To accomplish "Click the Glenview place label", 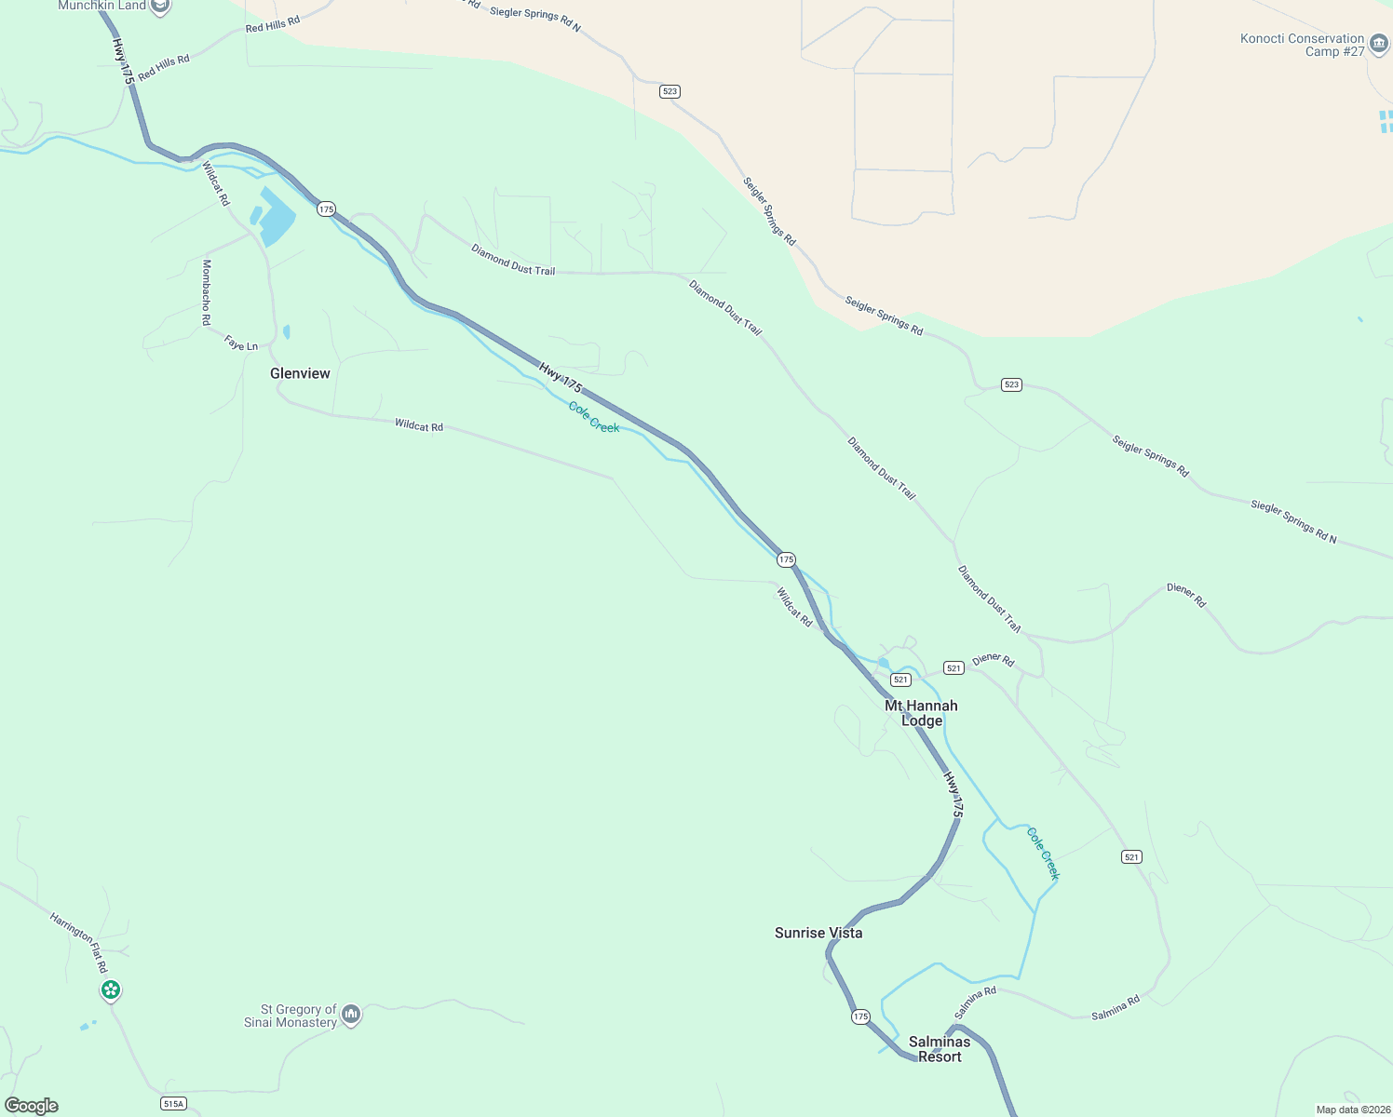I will point(300,373).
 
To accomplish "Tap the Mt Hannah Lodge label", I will point(921,713).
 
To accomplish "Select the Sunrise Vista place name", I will point(818,933).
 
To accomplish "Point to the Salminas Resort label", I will point(940,1049).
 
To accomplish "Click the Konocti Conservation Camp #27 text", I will point(1302,45).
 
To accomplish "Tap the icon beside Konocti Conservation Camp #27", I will point(1379,44).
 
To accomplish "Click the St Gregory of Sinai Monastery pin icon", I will point(351,1014).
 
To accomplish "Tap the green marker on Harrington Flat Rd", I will point(111,989).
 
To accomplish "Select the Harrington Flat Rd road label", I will point(79,943).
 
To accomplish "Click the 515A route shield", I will point(173,1104).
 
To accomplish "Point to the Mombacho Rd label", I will point(207,292).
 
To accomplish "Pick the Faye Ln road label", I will point(241,344).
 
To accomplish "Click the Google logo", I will point(32,1106).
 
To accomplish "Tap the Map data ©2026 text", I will point(1353,1110).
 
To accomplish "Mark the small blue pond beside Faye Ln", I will point(287,331).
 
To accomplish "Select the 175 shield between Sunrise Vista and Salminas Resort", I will point(860,1016).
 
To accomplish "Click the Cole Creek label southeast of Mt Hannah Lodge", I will point(1043,853).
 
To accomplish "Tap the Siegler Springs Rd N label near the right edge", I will point(1293,521).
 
